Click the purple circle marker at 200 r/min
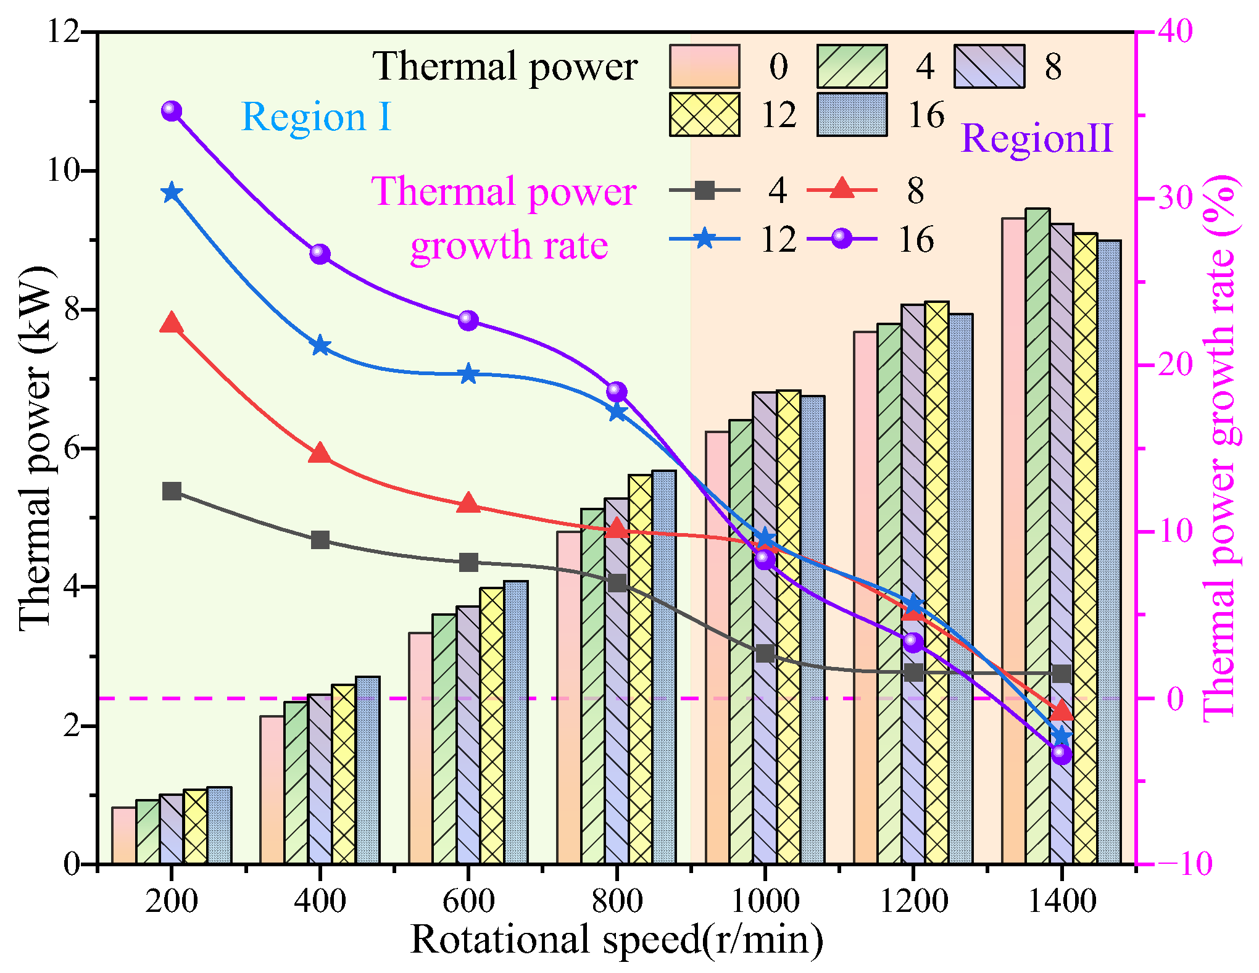[172, 111]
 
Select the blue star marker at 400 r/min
[320, 346]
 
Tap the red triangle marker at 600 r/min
[468, 503]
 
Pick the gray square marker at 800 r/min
[617, 583]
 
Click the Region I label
[316, 117]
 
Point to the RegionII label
[1037, 138]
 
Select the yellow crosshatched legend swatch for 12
[704, 115]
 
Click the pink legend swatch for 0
[704, 66]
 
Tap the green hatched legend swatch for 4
[852, 66]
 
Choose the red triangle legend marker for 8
[842, 189]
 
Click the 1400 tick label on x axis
[1062, 901]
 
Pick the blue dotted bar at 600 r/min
[516, 722]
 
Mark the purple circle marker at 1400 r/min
[1062, 754]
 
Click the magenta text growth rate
[509, 246]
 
